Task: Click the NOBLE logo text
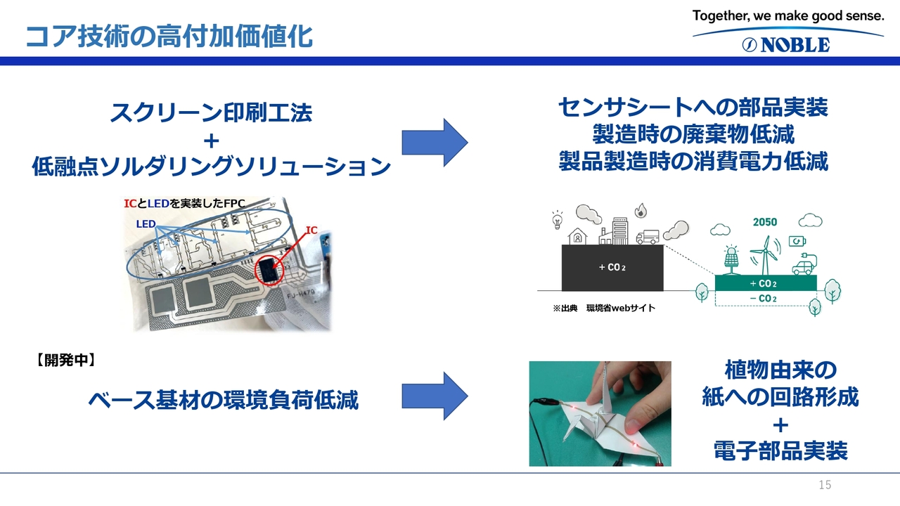795,45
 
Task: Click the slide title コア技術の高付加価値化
169,37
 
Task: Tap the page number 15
825,485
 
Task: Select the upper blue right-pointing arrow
435,142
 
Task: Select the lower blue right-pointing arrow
435,396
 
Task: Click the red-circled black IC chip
267,269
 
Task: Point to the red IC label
311,230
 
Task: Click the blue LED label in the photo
146,223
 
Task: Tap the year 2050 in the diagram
764,222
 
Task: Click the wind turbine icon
765,254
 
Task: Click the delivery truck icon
648,237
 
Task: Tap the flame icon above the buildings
641,210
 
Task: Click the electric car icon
804,265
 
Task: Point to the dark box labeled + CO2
612,268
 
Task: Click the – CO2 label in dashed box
763,299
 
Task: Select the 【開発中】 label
66,361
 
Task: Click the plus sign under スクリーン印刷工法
212,141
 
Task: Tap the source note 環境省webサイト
621,308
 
